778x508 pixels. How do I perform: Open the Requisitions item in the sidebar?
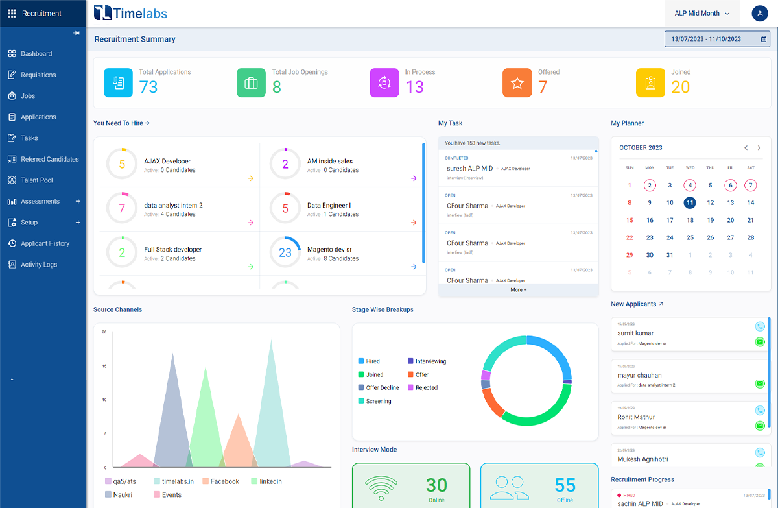(38, 75)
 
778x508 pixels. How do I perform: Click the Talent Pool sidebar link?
(36, 180)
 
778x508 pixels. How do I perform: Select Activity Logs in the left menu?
(39, 265)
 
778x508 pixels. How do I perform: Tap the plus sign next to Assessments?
(78, 201)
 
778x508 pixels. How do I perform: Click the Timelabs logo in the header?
(130, 13)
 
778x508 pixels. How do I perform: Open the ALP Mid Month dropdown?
(702, 13)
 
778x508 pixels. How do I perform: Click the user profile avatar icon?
(759, 13)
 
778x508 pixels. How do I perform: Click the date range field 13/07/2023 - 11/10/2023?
(716, 39)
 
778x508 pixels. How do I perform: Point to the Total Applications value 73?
(148, 87)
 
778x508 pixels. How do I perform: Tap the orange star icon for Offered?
(517, 82)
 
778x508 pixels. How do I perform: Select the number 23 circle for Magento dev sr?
(285, 253)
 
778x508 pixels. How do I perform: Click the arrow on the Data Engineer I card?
(414, 223)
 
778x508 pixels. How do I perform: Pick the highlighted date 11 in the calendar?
(690, 202)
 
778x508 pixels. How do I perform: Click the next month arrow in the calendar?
(759, 148)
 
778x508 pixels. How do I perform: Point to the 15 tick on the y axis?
(104, 366)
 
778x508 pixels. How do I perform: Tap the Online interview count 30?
(436, 485)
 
